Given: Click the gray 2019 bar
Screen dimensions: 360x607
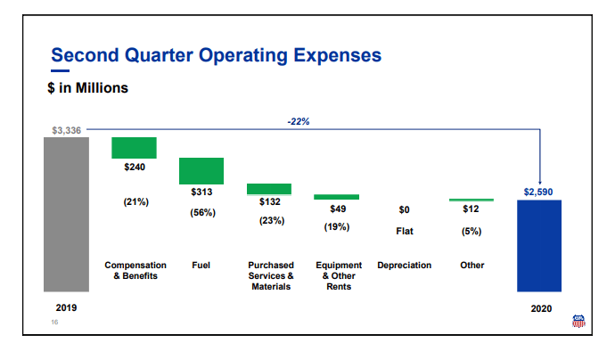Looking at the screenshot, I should [66, 214].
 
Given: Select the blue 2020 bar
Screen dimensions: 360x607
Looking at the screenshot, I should [539, 246].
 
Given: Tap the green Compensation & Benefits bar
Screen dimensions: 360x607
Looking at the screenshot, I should [134, 147].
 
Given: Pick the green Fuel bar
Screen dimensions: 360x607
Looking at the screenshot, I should [201, 171].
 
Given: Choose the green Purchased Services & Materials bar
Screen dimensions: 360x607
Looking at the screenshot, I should [269, 189].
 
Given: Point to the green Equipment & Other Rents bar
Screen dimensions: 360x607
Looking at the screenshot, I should [337, 197].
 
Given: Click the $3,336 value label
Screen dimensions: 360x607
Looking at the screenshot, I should [66, 130].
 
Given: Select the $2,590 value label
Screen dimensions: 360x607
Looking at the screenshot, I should [538, 192].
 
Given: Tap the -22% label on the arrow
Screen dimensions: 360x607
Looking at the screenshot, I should [299, 121].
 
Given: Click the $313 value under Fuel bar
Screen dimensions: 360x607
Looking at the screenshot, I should [201, 192].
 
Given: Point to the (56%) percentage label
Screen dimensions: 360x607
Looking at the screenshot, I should [201, 213].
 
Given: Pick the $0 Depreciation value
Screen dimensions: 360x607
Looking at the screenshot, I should [404, 210].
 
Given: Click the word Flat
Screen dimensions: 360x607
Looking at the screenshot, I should [404, 231].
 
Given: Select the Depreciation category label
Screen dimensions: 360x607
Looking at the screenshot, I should [404, 266].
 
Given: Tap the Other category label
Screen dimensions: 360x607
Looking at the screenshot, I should [472, 266].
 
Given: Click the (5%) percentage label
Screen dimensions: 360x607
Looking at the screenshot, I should [472, 231].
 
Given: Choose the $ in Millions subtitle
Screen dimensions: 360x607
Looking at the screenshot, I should [87, 88].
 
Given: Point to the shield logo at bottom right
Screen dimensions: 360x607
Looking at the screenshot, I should [578, 322].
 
